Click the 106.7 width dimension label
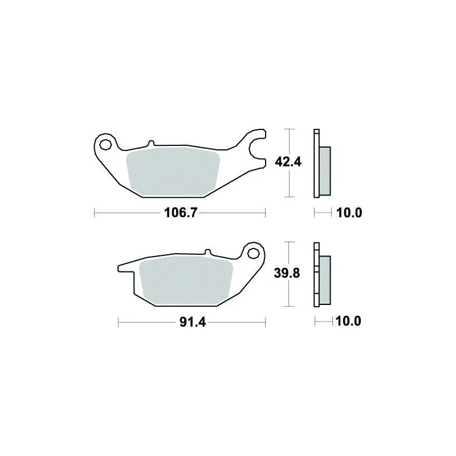[181, 213]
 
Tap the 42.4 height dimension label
[288, 162]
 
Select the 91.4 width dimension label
[193, 322]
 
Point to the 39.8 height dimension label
[287, 274]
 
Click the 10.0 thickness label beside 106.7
[349, 213]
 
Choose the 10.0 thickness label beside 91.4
[348, 321]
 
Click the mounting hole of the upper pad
[105, 144]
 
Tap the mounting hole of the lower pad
[253, 253]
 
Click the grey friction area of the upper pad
[173, 172]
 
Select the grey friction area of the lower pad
[186, 280]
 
